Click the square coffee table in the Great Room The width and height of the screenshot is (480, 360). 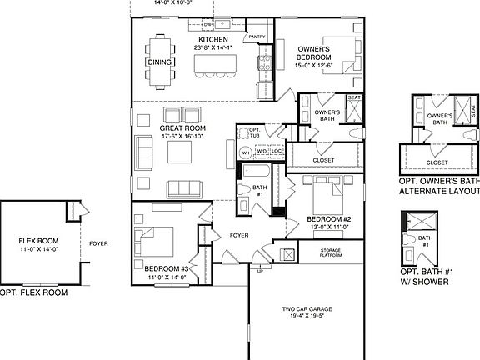tap(180, 152)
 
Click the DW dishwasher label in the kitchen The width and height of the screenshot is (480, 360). tap(207, 25)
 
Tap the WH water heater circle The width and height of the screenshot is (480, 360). tap(246, 152)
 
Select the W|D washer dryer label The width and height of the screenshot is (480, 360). tap(262, 152)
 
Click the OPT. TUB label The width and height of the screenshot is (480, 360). tap(255, 134)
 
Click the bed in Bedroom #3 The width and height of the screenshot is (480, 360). tap(156, 242)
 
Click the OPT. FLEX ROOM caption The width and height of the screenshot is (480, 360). tap(33, 292)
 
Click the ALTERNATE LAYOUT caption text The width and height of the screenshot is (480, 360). tap(439, 191)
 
